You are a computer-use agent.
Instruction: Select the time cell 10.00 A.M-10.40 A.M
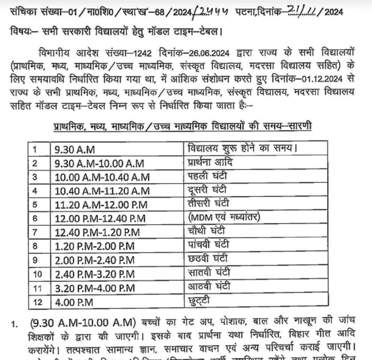pyautogui.click(x=102, y=177)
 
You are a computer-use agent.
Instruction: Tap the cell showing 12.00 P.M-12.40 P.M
pyautogui.click(x=100, y=219)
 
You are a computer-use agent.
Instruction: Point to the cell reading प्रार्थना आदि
pyautogui.click(x=210, y=162)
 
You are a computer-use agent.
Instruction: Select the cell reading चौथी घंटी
pyautogui.click(x=207, y=231)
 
